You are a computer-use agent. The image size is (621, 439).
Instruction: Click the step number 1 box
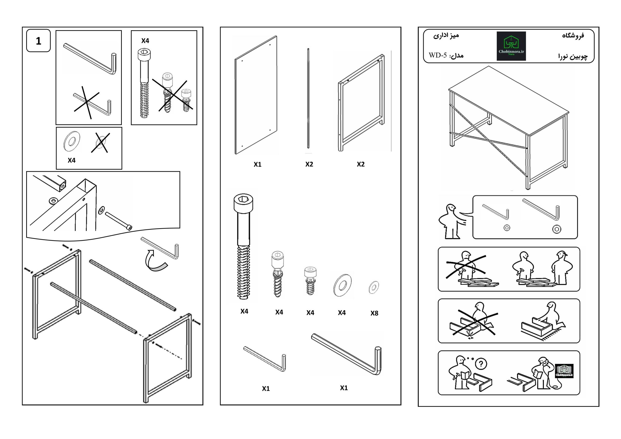point(38,41)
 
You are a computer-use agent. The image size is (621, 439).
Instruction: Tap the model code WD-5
point(437,56)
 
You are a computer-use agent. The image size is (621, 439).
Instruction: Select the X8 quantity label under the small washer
point(374,313)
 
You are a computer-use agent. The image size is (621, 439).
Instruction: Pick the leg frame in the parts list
point(361,103)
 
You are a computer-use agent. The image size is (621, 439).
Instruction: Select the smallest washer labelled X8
point(374,287)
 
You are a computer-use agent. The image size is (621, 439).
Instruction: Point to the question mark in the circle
point(481,364)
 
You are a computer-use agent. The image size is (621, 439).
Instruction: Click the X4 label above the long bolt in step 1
point(145,41)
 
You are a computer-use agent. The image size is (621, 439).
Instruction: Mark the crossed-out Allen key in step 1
point(92,104)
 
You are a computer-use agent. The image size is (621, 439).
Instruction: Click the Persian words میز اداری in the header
point(446,35)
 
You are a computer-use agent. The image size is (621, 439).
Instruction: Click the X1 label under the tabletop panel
point(257,164)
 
